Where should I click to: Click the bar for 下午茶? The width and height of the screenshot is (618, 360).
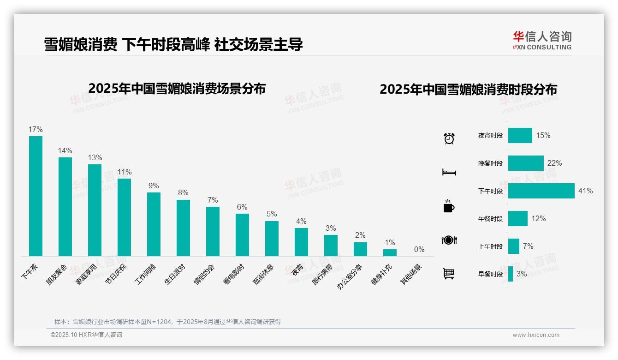click(x=36, y=196)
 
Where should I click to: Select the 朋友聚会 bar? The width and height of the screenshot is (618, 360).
click(x=65, y=206)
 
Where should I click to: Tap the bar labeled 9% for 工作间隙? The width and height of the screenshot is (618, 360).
click(x=154, y=224)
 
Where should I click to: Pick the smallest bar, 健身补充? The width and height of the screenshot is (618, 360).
click(x=390, y=252)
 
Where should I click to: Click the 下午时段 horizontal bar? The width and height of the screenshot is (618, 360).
click(x=541, y=191)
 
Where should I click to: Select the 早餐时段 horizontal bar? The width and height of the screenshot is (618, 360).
click(x=511, y=274)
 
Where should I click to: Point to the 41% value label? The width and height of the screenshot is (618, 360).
click(x=585, y=191)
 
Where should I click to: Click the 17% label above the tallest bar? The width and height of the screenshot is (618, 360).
click(x=36, y=129)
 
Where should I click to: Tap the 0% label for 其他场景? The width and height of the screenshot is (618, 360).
click(x=419, y=250)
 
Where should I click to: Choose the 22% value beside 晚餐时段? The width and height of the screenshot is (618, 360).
click(x=554, y=163)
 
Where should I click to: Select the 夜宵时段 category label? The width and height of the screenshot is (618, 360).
click(x=490, y=136)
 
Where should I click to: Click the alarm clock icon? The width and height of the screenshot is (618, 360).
click(x=449, y=138)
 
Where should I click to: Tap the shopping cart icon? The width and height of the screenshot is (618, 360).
click(x=449, y=274)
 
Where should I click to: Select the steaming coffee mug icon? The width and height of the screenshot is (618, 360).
click(x=449, y=206)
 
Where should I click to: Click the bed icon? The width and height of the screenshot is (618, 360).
click(x=449, y=172)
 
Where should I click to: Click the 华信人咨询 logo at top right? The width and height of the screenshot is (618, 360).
click(x=542, y=40)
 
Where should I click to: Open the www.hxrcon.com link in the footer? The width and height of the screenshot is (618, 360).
click(x=536, y=335)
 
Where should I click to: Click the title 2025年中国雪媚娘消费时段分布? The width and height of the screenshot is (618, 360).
click(x=468, y=89)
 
